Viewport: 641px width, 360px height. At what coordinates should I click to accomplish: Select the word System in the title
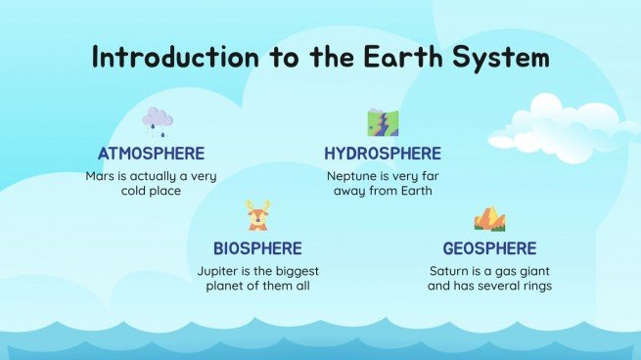click(x=501, y=58)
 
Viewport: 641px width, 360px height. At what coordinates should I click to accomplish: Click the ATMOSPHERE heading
click(x=151, y=154)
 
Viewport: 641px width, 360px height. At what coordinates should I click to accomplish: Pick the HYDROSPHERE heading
click(x=383, y=154)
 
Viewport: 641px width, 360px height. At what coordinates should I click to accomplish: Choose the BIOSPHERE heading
click(x=257, y=248)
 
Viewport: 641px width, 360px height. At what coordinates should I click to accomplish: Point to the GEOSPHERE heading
click(x=489, y=248)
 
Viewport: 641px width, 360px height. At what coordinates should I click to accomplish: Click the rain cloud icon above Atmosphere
click(x=157, y=121)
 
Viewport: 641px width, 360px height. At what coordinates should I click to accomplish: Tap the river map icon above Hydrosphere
click(x=382, y=121)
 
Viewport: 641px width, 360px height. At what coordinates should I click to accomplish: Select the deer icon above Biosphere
click(x=257, y=215)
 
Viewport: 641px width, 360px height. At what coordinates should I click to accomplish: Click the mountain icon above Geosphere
click(x=489, y=217)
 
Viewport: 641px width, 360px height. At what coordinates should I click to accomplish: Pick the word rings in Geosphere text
click(x=535, y=287)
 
